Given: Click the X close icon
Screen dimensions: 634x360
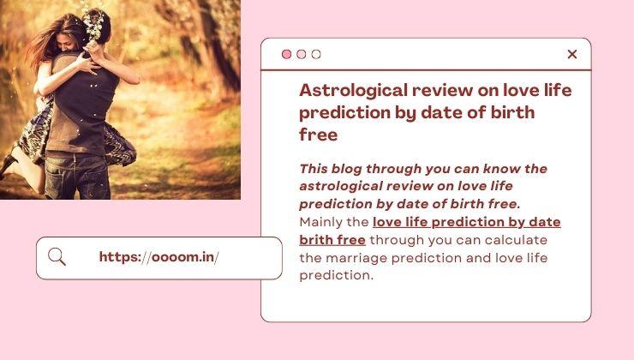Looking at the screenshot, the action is click(x=571, y=54).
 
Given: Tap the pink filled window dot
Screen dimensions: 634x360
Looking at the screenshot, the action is click(x=286, y=54).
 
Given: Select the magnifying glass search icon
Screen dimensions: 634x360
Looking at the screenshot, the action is click(x=57, y=257).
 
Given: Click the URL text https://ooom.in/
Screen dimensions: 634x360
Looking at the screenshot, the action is click(x=158, y=257).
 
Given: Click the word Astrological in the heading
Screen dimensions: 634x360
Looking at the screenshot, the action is click(x=353, y=91).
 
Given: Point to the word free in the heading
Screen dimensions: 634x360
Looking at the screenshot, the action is click(x=318, y=135).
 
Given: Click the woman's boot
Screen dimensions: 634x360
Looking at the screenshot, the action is click(x=8, y=165).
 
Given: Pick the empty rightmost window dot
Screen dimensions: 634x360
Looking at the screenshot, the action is click(x=316, y=54).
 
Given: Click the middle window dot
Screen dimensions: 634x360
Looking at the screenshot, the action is click(x=302, y=54).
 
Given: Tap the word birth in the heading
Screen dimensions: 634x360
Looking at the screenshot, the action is click(x=512, y=112).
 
